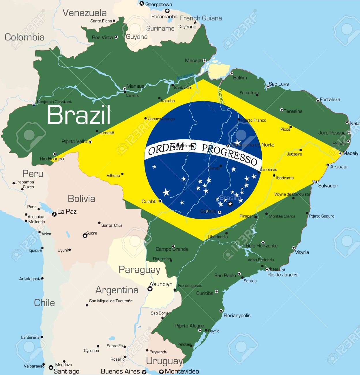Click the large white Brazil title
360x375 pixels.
point(79,115)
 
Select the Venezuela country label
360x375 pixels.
point(85,13)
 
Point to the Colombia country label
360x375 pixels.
point(25,37)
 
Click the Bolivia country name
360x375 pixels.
point(81,198)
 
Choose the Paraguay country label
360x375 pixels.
point(139,269)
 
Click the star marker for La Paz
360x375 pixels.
point(54,214)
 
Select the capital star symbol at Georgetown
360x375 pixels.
point(142,3)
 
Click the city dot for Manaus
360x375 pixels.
point(125,89)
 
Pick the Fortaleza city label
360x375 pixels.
point(330,100)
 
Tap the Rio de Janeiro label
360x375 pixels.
point(283,275)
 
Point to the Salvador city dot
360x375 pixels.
point(316,182)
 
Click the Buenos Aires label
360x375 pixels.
point(120,372)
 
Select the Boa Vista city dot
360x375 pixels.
point(116,37)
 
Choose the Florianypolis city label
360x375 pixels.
point(237,315)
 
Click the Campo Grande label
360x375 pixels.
point(172,249)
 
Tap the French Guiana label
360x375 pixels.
point(201,18)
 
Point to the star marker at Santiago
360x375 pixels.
point(51,367)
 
